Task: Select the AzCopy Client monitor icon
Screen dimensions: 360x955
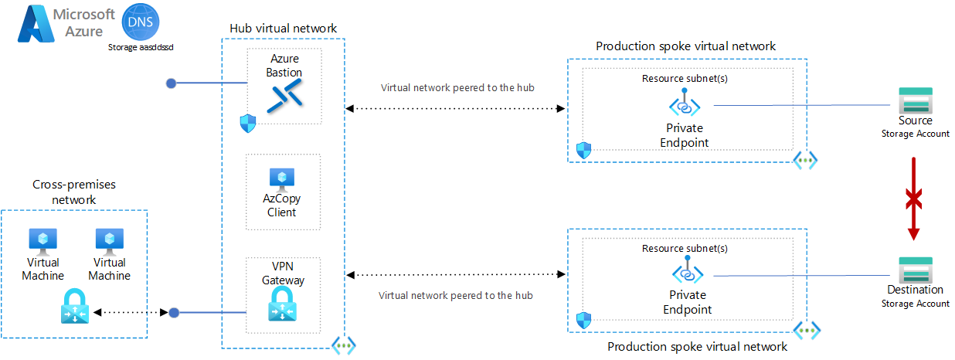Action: [282, 180]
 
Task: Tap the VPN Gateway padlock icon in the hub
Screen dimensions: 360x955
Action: [283, 306]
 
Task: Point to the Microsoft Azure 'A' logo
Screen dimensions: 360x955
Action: [34, 25]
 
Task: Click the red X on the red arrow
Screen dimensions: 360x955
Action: [915, 199]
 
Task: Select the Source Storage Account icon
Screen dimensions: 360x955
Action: [916, 101]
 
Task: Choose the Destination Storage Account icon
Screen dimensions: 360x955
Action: [916, 270]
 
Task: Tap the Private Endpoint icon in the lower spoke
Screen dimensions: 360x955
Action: [687, 273]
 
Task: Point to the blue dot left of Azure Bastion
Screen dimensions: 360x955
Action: [172, 83]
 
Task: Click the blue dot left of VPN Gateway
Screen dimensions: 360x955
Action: [174, 313]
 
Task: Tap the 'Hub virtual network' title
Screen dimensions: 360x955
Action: [283, 29]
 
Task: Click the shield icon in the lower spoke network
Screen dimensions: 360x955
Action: [583, 319]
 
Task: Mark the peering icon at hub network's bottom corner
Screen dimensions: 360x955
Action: [344, 346]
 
